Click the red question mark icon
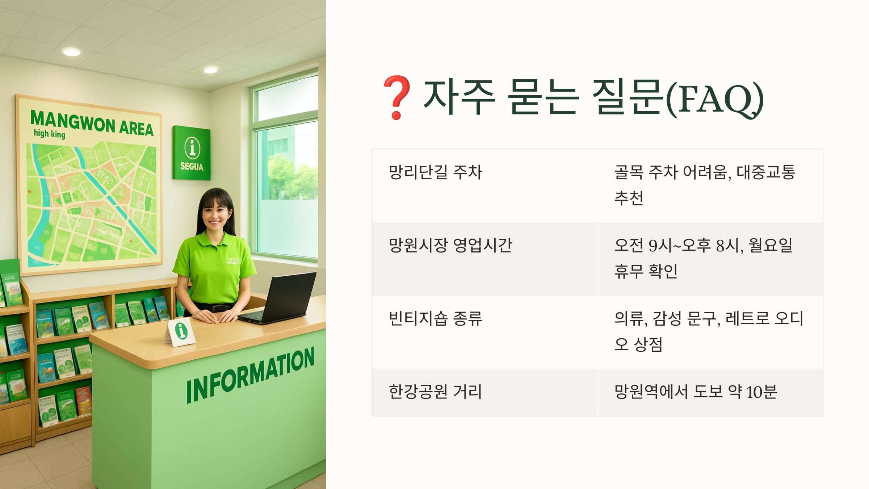tap(397, 97)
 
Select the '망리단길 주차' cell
tap(435, 172)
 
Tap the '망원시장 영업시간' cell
tap(450, 245)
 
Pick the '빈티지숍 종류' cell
tap(435, 318)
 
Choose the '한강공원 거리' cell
tap(435, 392)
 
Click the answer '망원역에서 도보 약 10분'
tap(696, 392)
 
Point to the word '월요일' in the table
tap(771, 245)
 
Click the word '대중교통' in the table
tap(766, 172)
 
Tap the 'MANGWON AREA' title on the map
tap(92, 123)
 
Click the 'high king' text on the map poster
tap(50, 134)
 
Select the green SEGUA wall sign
tap(191, 153)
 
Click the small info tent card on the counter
tap(181, 331)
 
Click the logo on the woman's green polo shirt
tap(233, 261)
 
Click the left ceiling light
tap(72, 52)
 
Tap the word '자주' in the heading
tap(459, 97)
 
